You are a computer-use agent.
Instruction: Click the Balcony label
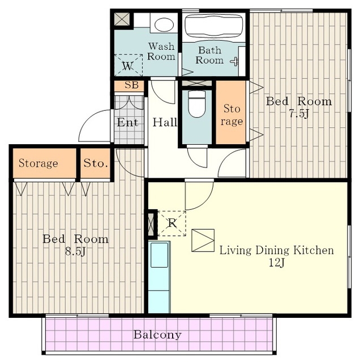coord(157,335)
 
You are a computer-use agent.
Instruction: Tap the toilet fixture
coord(196,104)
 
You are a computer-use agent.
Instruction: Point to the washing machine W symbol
coord(128,66)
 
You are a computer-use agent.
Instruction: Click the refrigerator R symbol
coord(172,223)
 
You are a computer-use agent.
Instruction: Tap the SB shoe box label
coord(131,85)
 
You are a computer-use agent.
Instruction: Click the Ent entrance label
coord(127,122)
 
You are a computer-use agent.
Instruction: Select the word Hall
coord(165,122)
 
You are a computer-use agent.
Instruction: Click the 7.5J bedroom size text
coord(299,114)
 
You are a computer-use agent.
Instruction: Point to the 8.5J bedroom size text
coord(75,251)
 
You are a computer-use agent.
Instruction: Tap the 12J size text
coord(276,262)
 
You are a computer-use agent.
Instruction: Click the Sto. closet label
coord(96,163)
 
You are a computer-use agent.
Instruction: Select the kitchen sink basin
coord(159,255)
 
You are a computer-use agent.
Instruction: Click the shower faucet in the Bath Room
coord(235,61)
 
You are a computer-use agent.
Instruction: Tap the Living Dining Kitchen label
coord(276,250)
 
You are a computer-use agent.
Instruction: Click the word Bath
coord(209,50)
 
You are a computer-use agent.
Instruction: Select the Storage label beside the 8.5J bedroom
coord(38,163)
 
